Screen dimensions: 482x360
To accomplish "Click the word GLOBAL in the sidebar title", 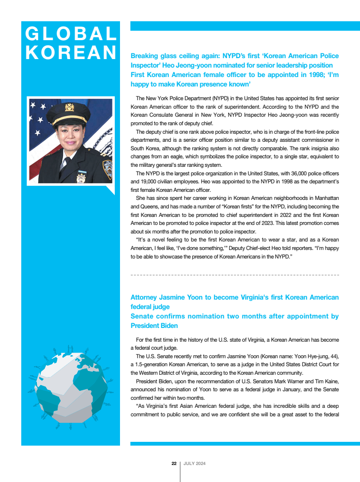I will click(71, 34).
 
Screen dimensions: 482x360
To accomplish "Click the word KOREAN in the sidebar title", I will click(71, 52).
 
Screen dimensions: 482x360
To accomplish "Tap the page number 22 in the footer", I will click(174, 464).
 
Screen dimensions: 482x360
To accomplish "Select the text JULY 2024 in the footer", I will click(194, 464).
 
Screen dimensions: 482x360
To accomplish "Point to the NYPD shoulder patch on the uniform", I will click(107, 166).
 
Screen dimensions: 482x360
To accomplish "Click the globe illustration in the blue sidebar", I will click(70, 388).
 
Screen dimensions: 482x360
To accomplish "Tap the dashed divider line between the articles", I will click(234, 275).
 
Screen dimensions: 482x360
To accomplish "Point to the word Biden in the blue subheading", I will click(168, 326).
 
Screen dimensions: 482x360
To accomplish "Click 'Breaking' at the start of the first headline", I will click(145, 56).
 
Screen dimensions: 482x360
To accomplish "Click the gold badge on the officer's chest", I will click(81, 178).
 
